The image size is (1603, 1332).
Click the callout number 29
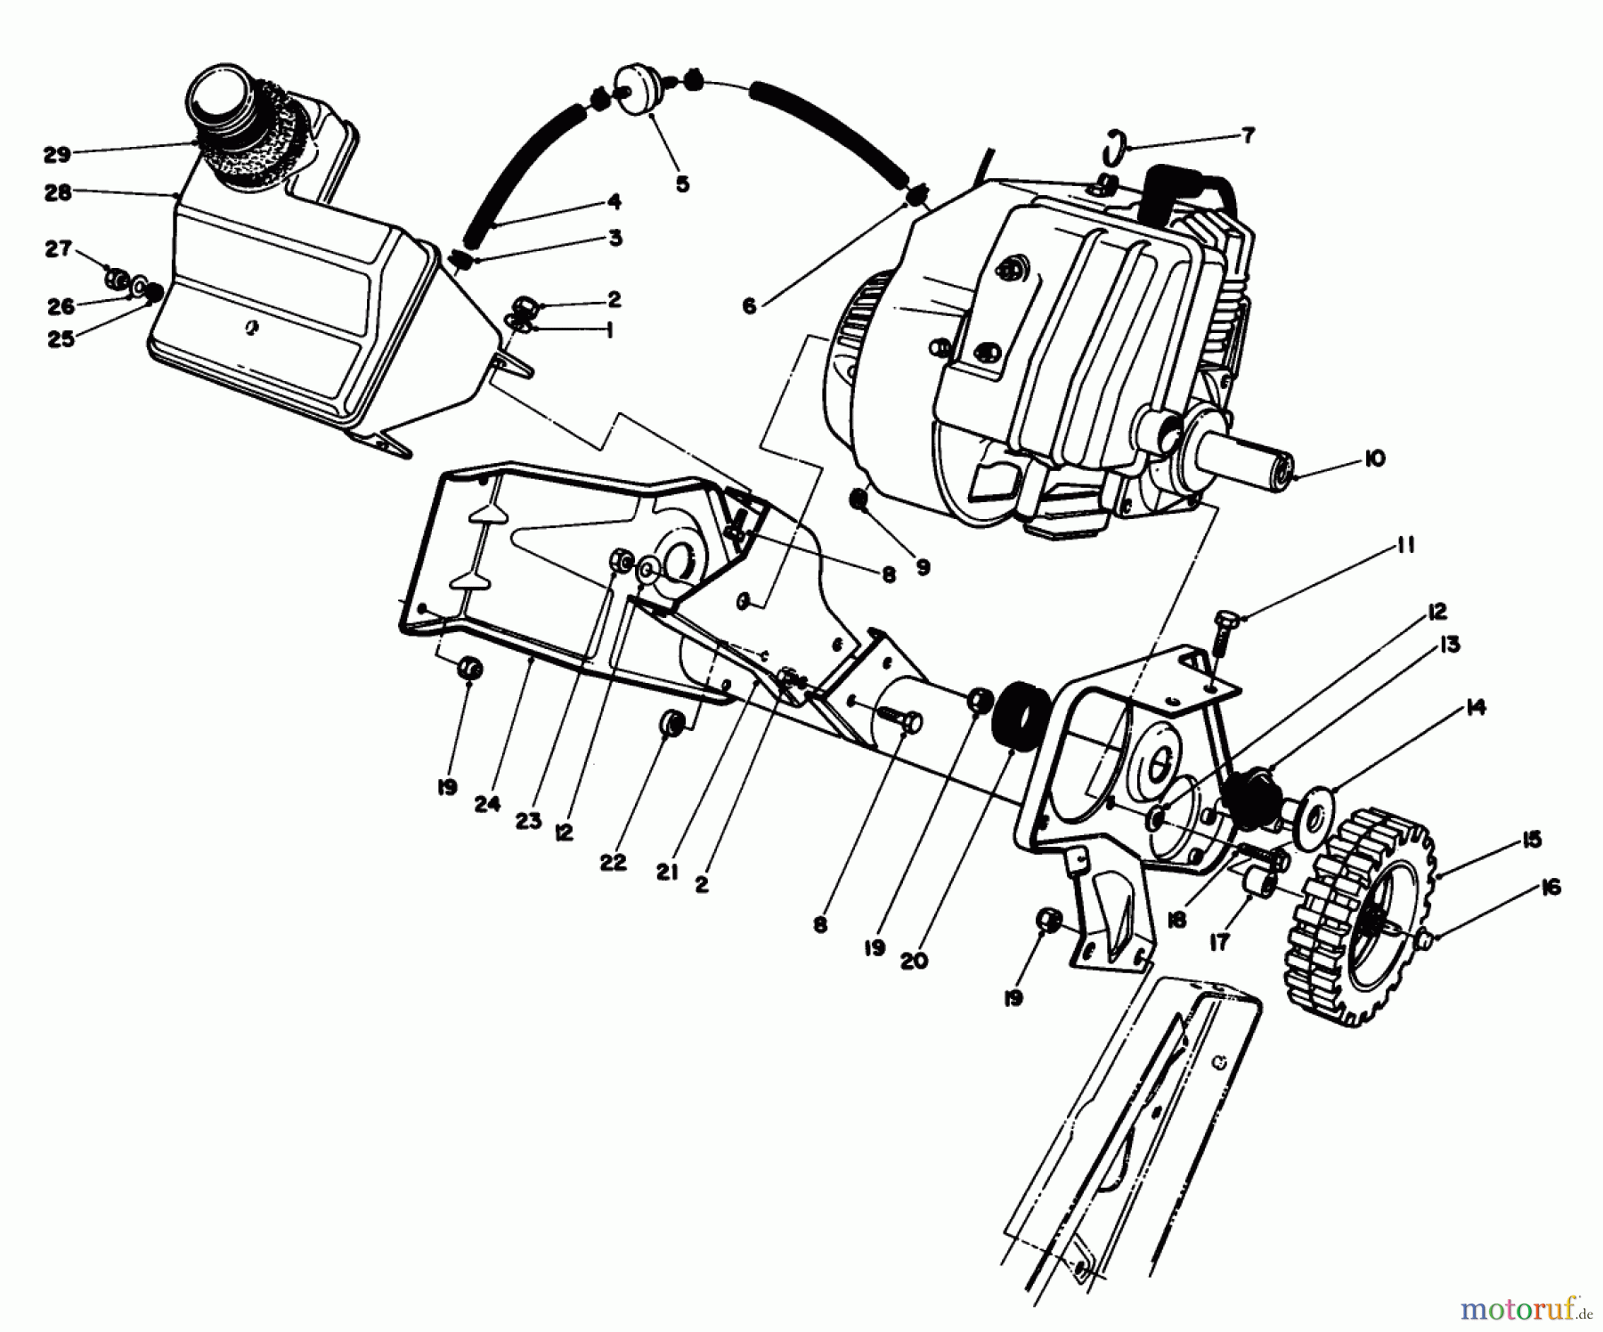(56, 155)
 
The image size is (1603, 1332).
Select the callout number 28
(58, 192)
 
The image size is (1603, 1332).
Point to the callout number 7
(1248, 135)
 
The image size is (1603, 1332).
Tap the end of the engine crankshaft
(1280, 466)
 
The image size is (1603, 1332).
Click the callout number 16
(1550, 888)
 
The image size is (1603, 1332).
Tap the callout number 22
(613, 862)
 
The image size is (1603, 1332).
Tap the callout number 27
(59, 249)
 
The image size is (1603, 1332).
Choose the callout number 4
(614, 202)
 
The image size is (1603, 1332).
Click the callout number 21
(668, 873)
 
